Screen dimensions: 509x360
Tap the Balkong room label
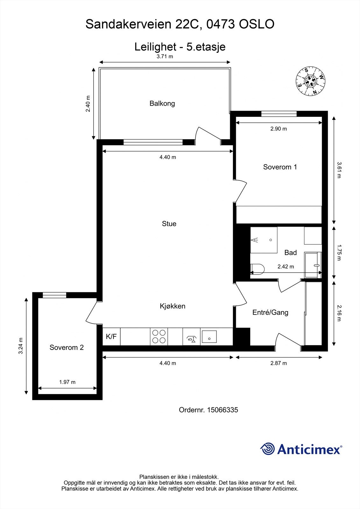(162, 103)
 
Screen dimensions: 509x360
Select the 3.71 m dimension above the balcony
(165, 57)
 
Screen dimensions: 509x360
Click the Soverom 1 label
(280, 167)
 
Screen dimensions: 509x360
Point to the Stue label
(169, 224)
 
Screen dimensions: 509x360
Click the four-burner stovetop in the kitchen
(159, 337)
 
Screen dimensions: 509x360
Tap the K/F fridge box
(111, 337)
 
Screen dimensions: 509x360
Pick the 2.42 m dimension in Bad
(286, 267)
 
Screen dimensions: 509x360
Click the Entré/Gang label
(270, 312)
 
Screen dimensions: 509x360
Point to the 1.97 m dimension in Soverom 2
(67, 382)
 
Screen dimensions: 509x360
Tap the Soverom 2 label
(67, 347)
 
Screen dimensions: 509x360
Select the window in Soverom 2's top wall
(54, 295)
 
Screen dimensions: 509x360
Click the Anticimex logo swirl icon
(267, 449)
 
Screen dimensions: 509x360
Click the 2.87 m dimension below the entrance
(279, 363)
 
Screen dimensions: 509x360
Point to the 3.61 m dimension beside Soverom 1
(339, 170)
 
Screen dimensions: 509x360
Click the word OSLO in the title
(256, 24)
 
